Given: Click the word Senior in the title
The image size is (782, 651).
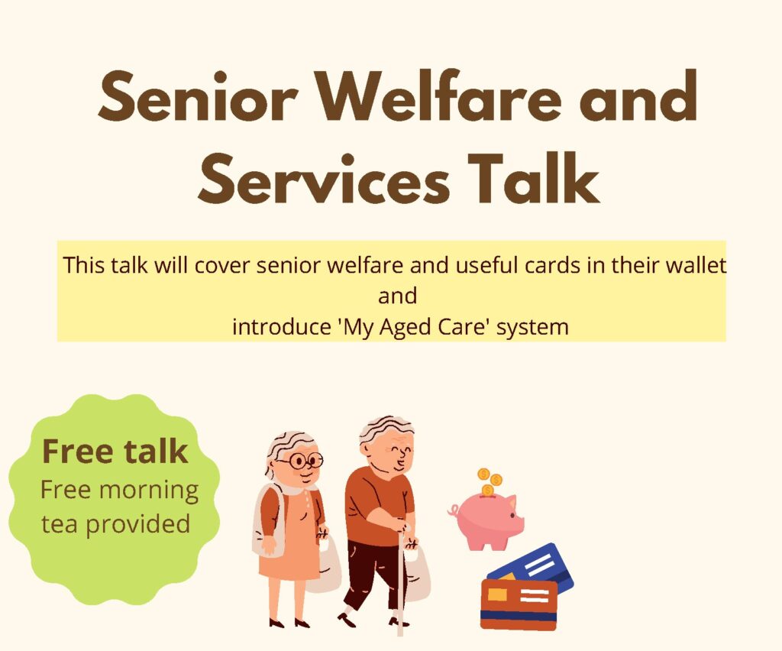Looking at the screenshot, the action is pyautogui.click(x=198, y=97).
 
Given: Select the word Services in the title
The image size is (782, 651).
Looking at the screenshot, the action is pyautogui.click(x=324, y=179).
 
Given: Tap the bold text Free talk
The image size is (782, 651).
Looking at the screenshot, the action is pyautogui.click(x=115, y=451).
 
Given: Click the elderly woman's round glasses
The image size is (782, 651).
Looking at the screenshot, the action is pyautogui.click(x=301, y=461).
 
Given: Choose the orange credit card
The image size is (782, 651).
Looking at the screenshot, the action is pyautogui.click(x=519, y=604).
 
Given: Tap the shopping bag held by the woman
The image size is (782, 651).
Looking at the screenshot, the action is pyautogui.click(x=325, y=564).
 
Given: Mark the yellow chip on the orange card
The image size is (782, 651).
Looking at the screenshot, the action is pyautogui.click(x=497, y=594).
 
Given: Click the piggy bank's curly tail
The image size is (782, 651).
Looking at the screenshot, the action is pyautogui.click(x=454, y=510).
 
